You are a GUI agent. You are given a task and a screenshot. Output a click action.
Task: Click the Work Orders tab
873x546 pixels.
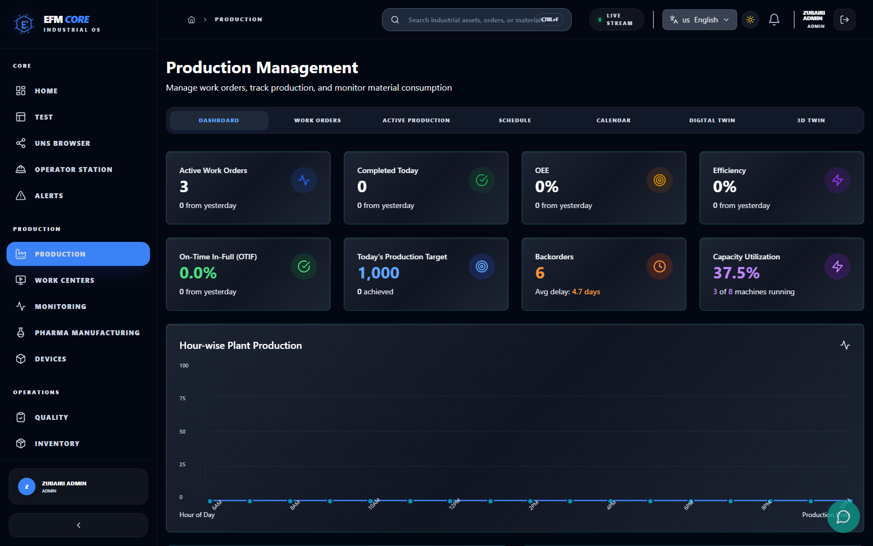click(x=317, y=120)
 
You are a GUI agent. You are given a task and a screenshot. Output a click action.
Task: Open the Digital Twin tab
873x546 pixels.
click(x=712, y=120)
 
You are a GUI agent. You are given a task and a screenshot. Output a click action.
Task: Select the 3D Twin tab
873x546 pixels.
click(x=811, y=120)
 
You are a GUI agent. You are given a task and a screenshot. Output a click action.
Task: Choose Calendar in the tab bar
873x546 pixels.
click(x=613, y=120)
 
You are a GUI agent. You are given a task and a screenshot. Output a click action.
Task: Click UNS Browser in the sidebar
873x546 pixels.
click(x=62, y=143)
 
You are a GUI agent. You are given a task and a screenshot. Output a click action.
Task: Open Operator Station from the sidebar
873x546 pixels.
click(x=73, y=169)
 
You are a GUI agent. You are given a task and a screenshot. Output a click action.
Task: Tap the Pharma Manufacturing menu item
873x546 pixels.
click(x=87, y=333)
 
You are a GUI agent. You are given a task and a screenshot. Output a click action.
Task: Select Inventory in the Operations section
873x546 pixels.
click(x=57, y=443)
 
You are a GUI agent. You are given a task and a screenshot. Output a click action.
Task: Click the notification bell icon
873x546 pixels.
click(x=774, y=20)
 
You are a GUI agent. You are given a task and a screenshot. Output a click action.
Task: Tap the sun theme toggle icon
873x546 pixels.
click(x=750, y=20)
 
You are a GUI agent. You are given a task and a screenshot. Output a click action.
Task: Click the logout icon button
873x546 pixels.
click(x=844, y=20)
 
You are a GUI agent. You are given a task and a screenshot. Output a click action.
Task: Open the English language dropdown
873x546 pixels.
click(x=699, y=20)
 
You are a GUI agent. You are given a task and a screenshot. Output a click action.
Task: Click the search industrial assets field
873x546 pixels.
click(x=473, y=20)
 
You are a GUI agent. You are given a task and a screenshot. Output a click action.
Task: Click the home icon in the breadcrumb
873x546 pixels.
click(x=192, y=20)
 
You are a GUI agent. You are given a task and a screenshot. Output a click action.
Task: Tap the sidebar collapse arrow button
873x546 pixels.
click(x=78, y=525)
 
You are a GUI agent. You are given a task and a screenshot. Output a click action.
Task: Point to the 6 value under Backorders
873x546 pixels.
click(x=540, y=273)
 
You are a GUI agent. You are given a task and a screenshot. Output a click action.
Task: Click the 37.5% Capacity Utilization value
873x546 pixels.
click(x=736, y=273)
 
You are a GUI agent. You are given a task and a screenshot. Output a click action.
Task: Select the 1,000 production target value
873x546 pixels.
click(x=379, y=273)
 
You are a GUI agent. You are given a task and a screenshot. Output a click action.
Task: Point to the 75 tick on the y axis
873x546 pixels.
click(x=183, y=399)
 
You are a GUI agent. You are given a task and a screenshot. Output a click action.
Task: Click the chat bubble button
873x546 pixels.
click(x=843, y=517)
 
